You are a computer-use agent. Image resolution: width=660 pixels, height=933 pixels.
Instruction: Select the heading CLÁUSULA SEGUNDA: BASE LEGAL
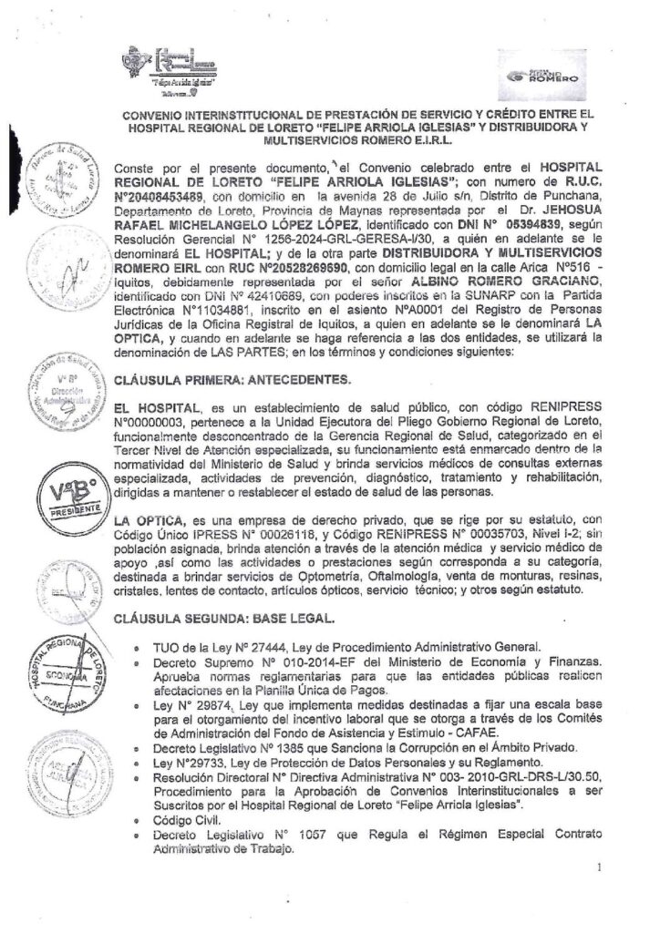click(x=225, y=620)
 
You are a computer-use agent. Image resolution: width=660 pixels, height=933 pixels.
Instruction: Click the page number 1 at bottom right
click(x=600, y=868)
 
